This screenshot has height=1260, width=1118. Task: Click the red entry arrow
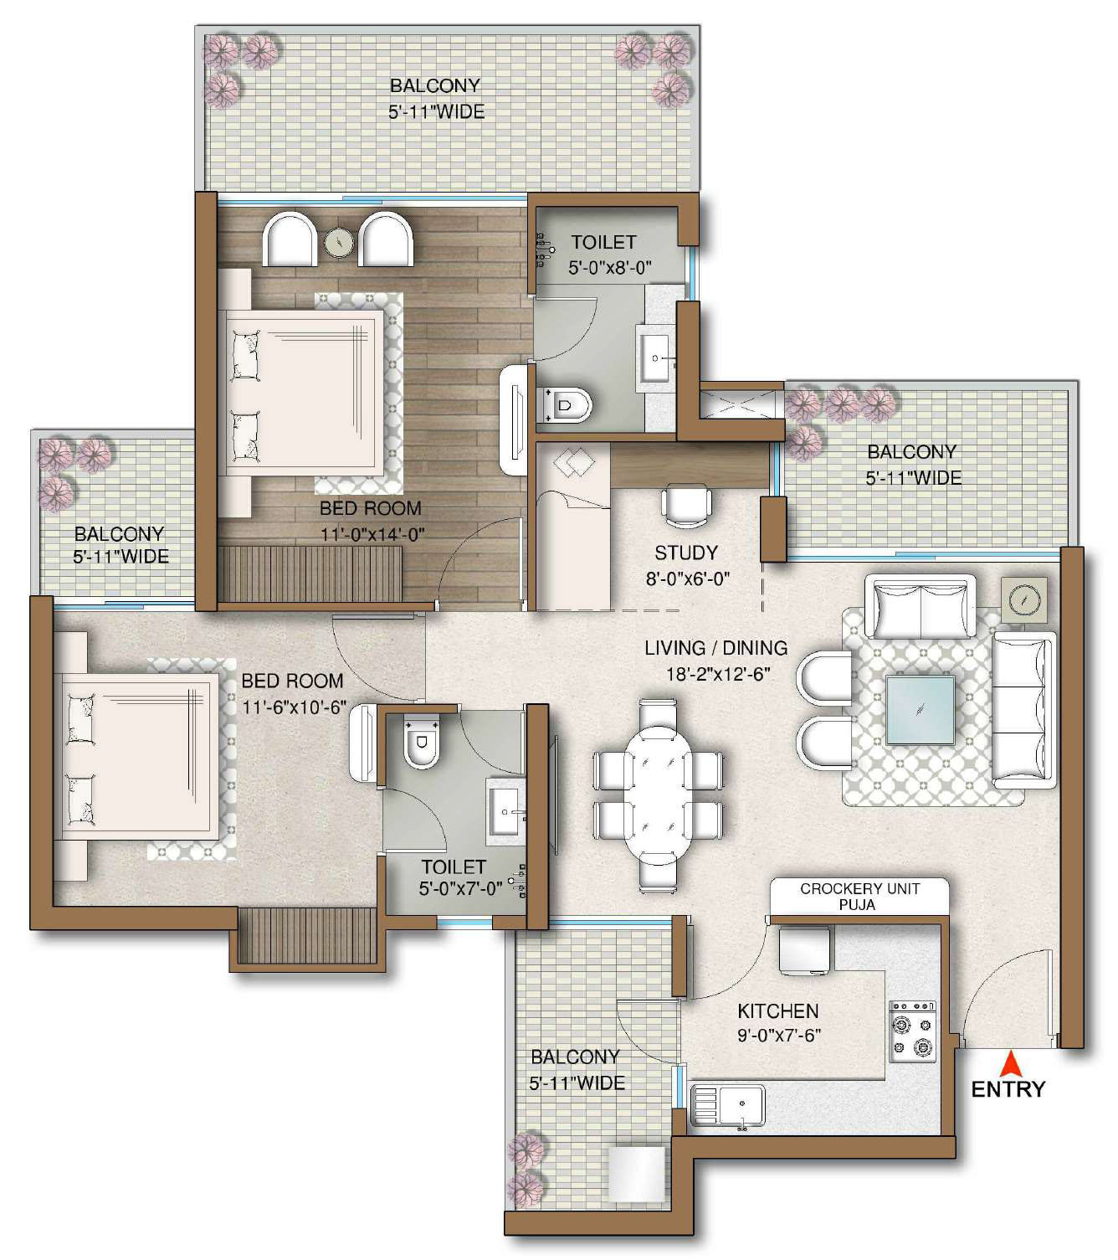click(1012, 1064)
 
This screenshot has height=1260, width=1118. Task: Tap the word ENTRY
click(1008, 1090)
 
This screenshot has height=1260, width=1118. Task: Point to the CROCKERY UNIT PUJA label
click(859, 897)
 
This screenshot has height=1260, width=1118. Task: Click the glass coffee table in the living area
click(921, 710)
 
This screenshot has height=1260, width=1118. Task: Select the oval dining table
click(659, 798)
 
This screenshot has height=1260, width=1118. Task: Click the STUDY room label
click(686, 553)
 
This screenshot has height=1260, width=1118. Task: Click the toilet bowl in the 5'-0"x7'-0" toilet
click(422, 742)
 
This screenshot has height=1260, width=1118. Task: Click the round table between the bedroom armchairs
click(338, 241)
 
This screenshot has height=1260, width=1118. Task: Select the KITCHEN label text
click(778, 1011)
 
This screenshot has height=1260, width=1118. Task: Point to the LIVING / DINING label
click(715, 648)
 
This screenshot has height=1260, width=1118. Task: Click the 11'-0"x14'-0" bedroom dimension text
click(372, 534)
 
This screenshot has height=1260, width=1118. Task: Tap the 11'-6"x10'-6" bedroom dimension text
click(295, 707)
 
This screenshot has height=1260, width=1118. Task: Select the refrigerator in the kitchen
click(805, 949)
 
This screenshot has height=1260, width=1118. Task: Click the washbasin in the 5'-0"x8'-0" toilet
click(654, 358)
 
